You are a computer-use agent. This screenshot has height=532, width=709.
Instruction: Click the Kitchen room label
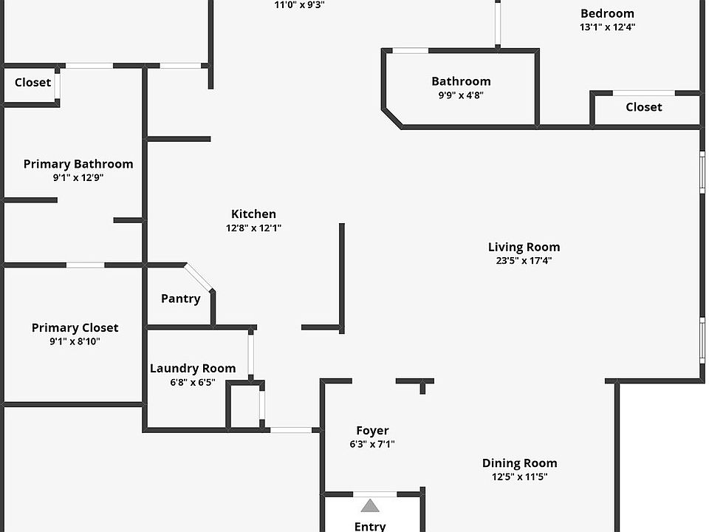pyautogui.click(x=253, y=214)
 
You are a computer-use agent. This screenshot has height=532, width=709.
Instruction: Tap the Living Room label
pyautogui.click(x=524, y=247)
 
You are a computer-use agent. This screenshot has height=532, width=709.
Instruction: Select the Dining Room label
pyautogui.click(x=519, y=463)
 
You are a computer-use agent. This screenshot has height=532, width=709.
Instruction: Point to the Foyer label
pyautogui.click(x=372, y=431)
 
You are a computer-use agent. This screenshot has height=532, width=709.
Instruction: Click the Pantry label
pyautogui.click(x=180, y=299)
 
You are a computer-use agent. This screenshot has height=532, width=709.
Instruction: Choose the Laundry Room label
pyautogui.click(x=193, y=368)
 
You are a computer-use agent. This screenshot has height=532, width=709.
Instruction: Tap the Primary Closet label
pyautogui.click(x=75, y=327)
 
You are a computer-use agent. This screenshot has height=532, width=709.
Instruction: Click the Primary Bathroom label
pyautogui.click(x=78, y=164)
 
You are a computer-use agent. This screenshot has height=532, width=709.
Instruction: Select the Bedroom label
pyautogui.click(x=607, y=13)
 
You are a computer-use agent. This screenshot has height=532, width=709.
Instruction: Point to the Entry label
pyautogui.click(x=370, y=526)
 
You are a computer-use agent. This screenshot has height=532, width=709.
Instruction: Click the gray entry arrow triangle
pyautogui.click(x=370, y=506)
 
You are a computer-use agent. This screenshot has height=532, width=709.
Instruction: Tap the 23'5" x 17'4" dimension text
pyautogui.click(x=524, y=261)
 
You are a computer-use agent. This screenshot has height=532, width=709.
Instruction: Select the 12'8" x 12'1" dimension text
pyautogui.click(x=253, y=228)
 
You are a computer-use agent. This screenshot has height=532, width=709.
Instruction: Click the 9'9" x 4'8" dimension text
pyautogui.click(x=461, y=95)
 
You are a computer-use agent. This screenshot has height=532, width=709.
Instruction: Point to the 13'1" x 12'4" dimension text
pyautogui.click(x=607, y=27)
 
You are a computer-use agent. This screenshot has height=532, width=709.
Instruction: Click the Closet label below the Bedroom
pyautogui.click(x=643, y=107)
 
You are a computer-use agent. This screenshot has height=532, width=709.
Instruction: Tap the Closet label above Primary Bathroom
pyautogui.click(x=33, y=82)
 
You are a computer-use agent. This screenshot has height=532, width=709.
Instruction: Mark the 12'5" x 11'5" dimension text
pyautogui.click(x=519, y=477)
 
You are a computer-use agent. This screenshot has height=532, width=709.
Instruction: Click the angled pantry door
pyautogui.click(x=199, y=277)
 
